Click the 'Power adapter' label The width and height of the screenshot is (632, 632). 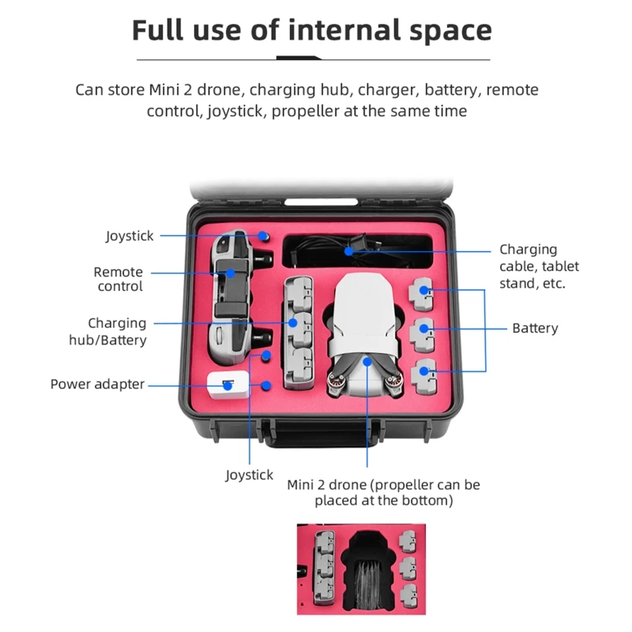pos(97,384)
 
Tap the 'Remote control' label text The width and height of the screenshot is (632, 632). pos(118,279)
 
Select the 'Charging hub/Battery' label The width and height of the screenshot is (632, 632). pos(107,331)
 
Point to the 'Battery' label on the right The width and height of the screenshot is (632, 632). pos(535,328)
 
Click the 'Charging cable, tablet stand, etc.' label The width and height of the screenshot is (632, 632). pos(539,266)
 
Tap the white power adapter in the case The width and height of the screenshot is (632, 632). pos(228,386)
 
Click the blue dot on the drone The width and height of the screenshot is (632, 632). pos(367,362)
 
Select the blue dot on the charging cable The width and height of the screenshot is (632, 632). pos(349,251)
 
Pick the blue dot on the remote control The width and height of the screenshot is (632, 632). pos(231,273)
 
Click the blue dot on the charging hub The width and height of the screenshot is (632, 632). pos(293,323)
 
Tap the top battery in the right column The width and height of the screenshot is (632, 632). pos(422,294)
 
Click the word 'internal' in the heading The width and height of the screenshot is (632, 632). pos(344,30)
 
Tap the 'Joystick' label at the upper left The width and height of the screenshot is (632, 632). pos(130,236)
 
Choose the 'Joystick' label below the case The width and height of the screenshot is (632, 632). pos(249,476)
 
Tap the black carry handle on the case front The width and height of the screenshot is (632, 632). pos(322,434)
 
